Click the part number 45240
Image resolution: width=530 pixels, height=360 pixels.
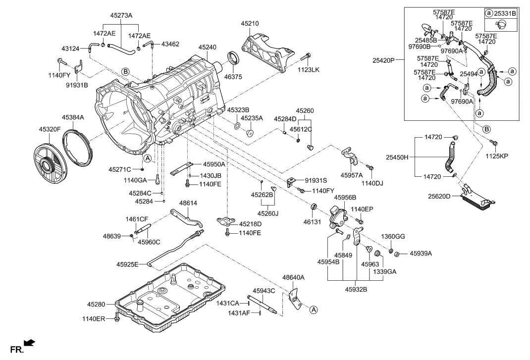(x=208, y=47)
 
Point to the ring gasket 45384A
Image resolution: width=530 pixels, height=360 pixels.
(x=79, y=144)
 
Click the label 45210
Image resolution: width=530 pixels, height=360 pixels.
(x=250, y=23)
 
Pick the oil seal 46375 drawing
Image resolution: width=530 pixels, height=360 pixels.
(x=233, y=58)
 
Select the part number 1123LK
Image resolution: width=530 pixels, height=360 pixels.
(x=308, y=70)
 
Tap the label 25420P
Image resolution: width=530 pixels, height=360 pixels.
(x=384, y=61)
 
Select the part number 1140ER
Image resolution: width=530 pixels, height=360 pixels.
(x=94, y=319)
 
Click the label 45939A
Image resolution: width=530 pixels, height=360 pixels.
(x=421, y=254)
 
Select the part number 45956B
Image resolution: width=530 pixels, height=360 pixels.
(x=345, y=197)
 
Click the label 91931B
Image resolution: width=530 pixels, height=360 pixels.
(x=77, y=85)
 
